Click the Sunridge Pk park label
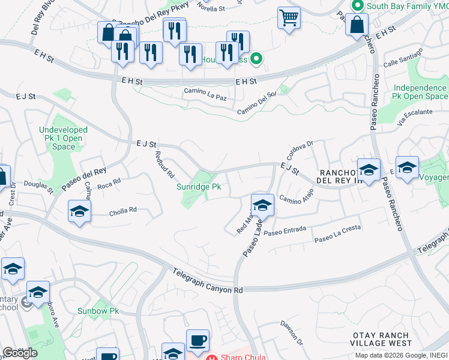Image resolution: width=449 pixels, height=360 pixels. (199, 187)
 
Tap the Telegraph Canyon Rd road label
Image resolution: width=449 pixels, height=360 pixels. (207, 281)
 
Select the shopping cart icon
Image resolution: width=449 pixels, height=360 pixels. (289, 19)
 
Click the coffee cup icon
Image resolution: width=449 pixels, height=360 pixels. (197, 341)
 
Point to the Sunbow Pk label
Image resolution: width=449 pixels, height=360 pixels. (98, 311)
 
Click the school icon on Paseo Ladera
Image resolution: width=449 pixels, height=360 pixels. (262, 206)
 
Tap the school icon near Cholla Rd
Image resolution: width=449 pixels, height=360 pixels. (79, 212)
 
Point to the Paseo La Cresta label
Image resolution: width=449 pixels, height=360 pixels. (338, 239)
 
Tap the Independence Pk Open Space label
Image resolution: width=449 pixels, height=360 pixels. (420, 92)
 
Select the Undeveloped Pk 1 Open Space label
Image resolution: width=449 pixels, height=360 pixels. (63, 138)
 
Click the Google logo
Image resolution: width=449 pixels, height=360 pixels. (20, 353)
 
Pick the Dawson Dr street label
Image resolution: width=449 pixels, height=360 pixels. (291, 331)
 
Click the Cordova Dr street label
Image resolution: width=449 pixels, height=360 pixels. (302, 147)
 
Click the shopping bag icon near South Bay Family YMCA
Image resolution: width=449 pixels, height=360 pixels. (357, 26)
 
